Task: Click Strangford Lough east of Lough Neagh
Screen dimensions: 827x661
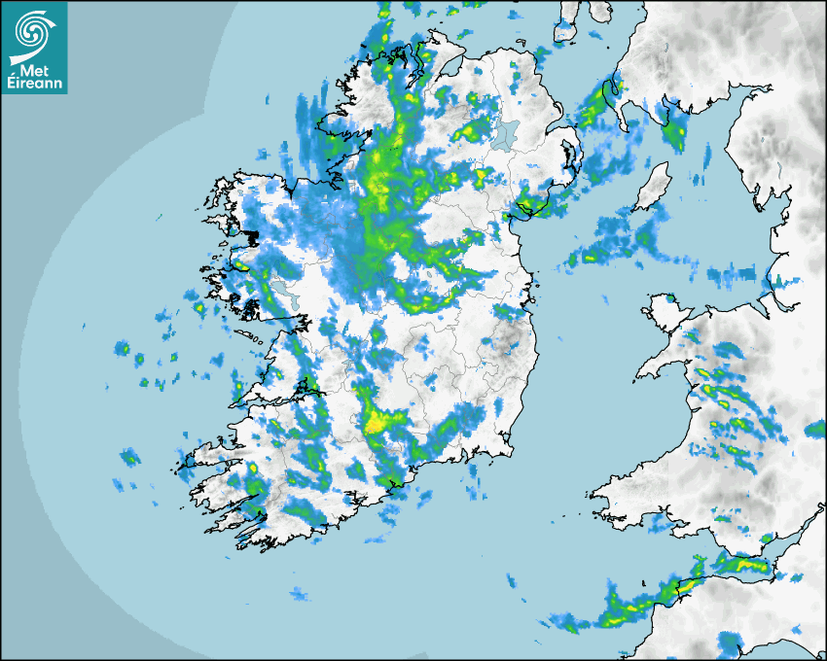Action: point(570,156)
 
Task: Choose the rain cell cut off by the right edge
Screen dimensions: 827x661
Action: point(815,428)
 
